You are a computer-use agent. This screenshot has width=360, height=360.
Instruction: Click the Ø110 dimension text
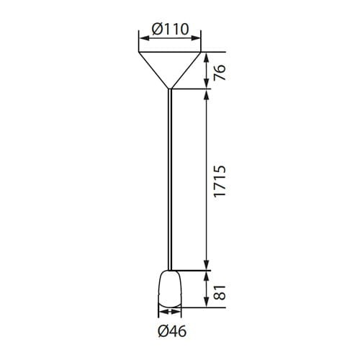[x=170, y=29]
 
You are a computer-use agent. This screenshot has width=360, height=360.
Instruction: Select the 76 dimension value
[x=220, y=71]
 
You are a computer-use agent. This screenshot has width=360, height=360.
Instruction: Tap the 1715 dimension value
[x=220, y=179]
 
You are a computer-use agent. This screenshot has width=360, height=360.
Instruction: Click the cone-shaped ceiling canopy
[x=169, y=65]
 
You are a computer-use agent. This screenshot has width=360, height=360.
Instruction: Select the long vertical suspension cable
[x=169, y=180]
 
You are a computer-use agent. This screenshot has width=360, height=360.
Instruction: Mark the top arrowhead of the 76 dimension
[x=207, y=56]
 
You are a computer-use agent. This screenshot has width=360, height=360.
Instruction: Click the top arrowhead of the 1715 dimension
[x=207, y=94]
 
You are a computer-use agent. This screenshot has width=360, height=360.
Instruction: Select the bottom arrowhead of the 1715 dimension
[x=207, y=266]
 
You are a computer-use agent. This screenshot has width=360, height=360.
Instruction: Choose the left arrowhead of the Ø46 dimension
[x=161, y=313]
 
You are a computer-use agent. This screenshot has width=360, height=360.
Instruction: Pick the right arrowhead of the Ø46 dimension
[x=179, y=313]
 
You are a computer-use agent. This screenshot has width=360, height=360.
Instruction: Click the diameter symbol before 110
[x=157, y=29]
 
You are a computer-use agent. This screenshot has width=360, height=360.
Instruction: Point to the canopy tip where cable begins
[x=169, y=89]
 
